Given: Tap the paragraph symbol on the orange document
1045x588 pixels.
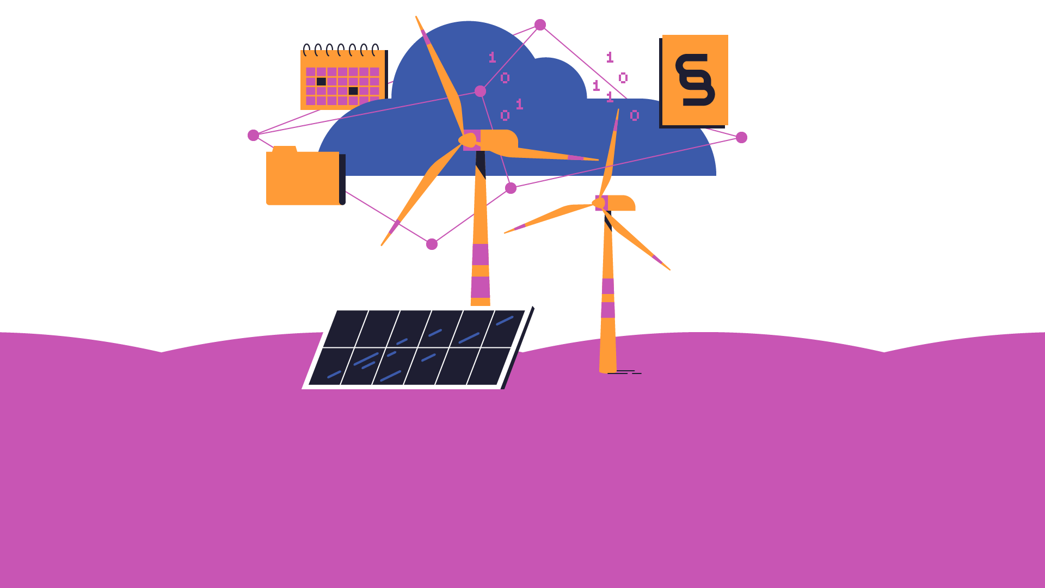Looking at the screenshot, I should (695, 80).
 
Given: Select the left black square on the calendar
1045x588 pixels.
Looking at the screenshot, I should (321, 82).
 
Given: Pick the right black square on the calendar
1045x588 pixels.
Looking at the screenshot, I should (353, 91).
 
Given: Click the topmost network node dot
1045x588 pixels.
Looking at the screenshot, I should (540, 24).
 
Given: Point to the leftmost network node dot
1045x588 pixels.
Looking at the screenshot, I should (253, 135).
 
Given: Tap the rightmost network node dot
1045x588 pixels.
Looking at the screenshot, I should (741, 137).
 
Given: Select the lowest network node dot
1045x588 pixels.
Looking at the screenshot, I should (432, 244).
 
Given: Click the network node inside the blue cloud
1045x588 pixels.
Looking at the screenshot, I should (480, 91).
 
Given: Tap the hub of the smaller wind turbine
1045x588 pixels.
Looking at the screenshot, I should (599, 204).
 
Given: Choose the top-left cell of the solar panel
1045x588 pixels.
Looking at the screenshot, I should (345, 328).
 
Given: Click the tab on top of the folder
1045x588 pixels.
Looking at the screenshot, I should (285, 149).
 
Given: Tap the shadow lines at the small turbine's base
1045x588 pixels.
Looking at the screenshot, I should (624, 372).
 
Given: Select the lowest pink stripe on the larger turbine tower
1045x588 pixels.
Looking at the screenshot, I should (480, 287).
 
